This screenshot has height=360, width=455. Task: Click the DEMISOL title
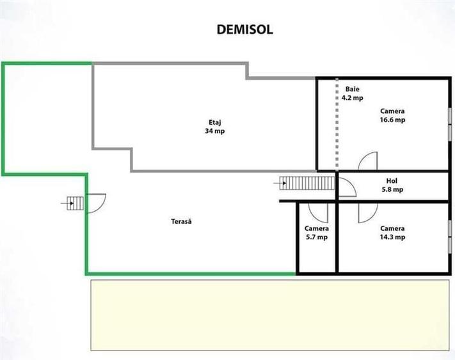pos(245,29)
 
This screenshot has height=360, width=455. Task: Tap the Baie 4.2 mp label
pos(352,93)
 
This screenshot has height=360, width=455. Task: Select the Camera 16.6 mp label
pos(393,115)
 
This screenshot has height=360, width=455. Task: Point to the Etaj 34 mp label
pos(215,127)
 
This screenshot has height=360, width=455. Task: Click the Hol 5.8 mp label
pos(392,185)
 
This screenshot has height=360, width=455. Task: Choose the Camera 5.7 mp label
pos(317,233)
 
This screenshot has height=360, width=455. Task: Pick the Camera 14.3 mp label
pos(393,233)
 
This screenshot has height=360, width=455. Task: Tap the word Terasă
pos(181,221)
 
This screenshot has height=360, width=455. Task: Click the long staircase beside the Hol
pos(307,183)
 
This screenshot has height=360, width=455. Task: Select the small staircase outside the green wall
pos(75,203)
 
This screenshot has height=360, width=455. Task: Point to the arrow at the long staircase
pos(280,183)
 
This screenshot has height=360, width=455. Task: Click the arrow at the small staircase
pos(67,203)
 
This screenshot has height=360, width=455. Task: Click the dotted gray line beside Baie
pos(337,123)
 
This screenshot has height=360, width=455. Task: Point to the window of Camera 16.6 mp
pos(450,125)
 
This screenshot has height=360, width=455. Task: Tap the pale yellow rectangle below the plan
pos(270,315)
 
